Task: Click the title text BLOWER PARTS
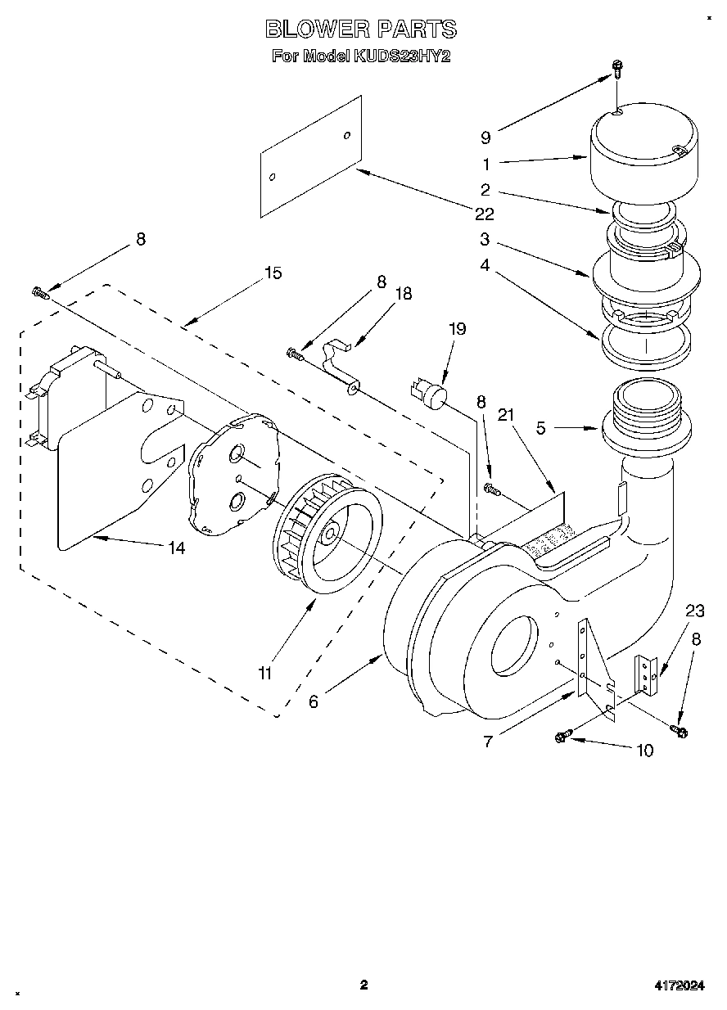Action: [361, 29]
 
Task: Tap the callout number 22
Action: [485, 214]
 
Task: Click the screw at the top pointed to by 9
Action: [618, 71]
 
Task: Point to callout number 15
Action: [272, 273]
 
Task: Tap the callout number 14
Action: [176, 548]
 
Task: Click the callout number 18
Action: [403, 294]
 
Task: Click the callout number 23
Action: [694, 610]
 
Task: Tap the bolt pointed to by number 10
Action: [561, 736]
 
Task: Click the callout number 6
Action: [314, 701]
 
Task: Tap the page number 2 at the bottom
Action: [363, 985]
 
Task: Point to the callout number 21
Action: [508, 416]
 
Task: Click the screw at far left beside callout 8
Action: [38, 291]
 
